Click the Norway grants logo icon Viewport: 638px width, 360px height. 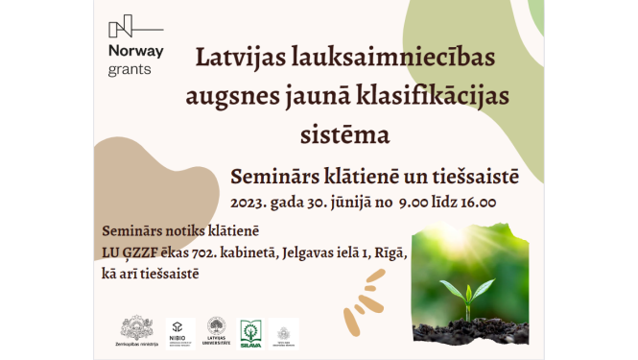[122, 26]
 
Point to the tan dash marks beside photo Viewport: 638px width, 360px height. [372, 285]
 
